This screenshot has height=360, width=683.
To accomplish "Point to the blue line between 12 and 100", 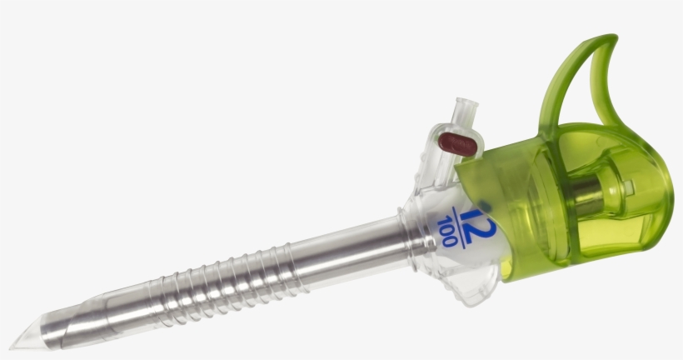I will pyautogui.click(x=456, y=222).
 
